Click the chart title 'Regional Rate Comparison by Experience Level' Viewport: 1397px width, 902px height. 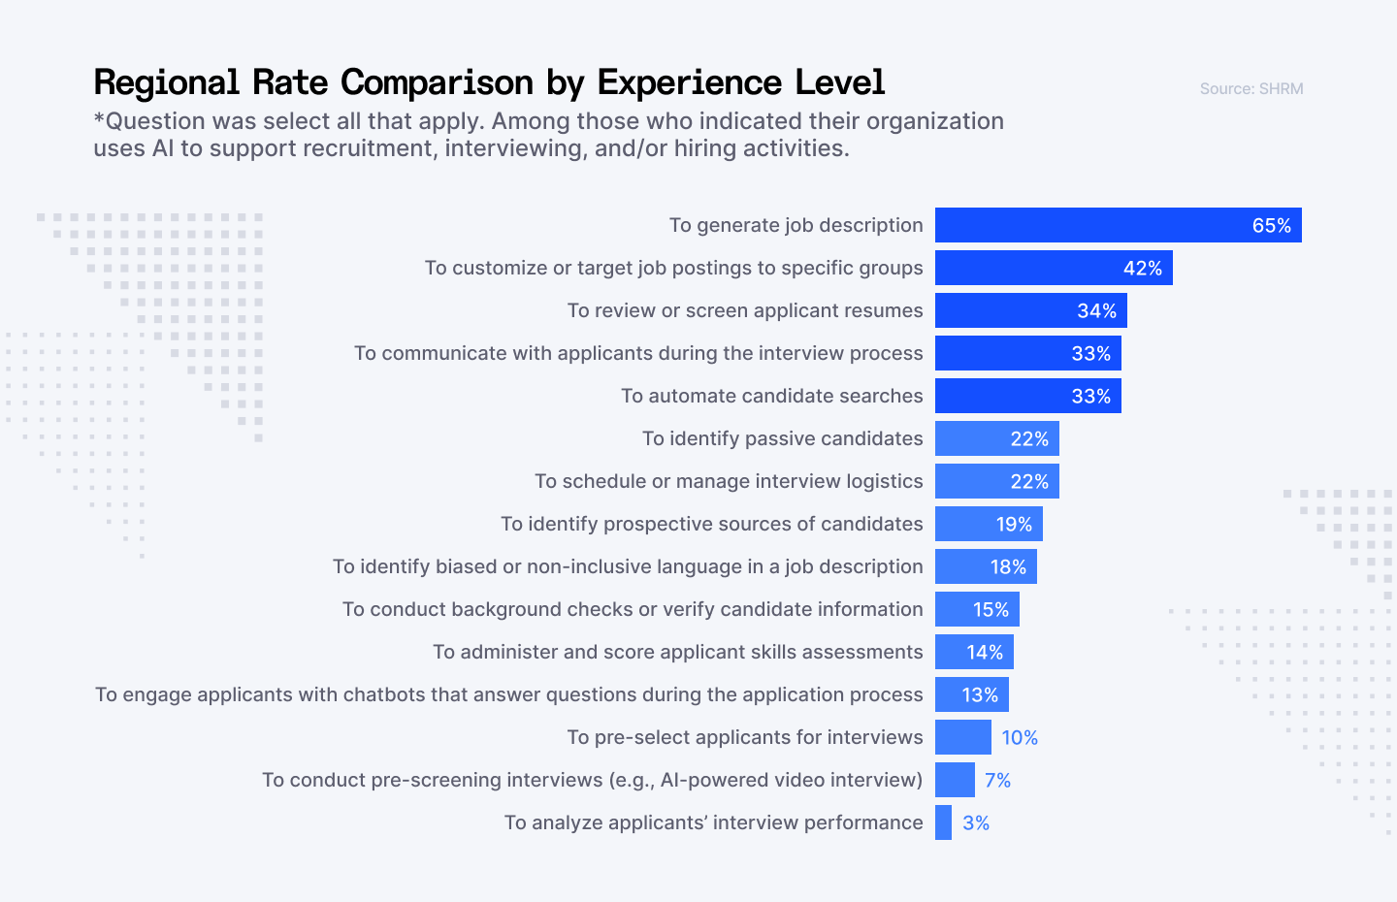pyautogui.click(x=489, y=82)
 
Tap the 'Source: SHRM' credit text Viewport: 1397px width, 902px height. pyautogui.click(x=1251, y=89)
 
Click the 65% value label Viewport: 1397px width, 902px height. pyautogui.click(x=1271, y=226)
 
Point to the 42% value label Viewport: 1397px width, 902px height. pyautogui.click(x=1142, y=269)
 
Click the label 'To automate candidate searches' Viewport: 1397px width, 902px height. pyautogui.click(x=771, y=396)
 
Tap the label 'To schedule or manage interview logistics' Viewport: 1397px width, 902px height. pyautogui.click(x=729, y=481)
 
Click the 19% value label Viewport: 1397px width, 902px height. pyautogui.click(x=1014, y=525)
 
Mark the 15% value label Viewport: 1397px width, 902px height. pyautogui.click(x=991, y=610)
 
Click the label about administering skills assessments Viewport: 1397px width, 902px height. pyautogui.click(x=677, y=652)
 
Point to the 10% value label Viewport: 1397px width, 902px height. pyautogui.click(x=1020, y=738)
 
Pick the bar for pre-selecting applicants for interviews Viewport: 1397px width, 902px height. pyautogui.click(x=962, y=737)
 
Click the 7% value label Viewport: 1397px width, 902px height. pyautogui.click(x=997, y=781)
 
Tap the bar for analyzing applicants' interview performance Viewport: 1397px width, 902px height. pyautogui.click(x=943, y=822)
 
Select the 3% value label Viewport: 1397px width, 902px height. pyautogui.click(x=976, y=823)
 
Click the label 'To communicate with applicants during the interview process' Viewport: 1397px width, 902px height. pyautogui.click(x=638, y=353)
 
